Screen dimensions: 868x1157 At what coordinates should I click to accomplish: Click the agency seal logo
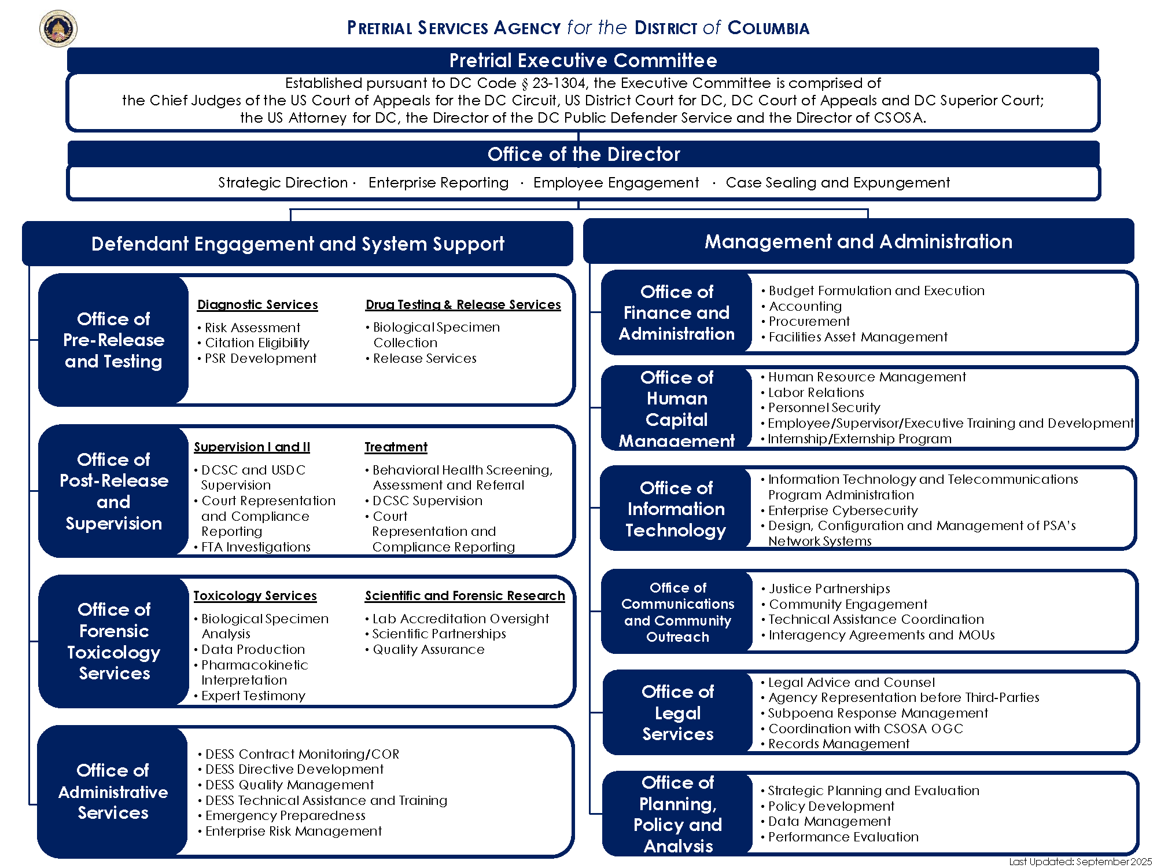(x=58, y=28)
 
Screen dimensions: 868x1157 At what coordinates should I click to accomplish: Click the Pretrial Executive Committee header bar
(x=583, y=60)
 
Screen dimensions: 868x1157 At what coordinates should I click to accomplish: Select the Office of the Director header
(x=583, y=154)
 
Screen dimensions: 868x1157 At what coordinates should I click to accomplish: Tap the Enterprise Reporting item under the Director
(x=439, y=183)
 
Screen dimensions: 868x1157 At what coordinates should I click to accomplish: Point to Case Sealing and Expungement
(x=838, y=183)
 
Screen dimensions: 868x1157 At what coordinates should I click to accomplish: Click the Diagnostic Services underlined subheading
(x=257, y=304)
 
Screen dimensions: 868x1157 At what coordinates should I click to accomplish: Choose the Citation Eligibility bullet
(x=257, y=343)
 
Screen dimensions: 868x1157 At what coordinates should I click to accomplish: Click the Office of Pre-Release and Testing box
(x=113, y=340)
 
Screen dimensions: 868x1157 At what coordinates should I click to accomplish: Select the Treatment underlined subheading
(x=396, y=447)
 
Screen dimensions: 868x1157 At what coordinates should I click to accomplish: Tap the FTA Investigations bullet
(x=256, y=547)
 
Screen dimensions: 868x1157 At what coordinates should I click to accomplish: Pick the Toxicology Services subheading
(x=255, y=595)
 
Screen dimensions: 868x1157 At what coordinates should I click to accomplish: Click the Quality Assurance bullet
(x=428, y=649)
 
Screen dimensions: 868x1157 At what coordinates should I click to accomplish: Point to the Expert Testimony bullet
(x=253, y=696)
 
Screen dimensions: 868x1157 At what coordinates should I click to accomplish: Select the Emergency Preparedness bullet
(x=285, y=815)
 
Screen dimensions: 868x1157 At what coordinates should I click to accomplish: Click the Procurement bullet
(x=809, y=321)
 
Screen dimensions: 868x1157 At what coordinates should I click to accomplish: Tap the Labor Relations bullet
(x=816, y=392)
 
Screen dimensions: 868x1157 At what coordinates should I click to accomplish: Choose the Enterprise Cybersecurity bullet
(x=843, y=510)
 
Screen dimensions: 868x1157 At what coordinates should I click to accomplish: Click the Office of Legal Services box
(x=677, y=712)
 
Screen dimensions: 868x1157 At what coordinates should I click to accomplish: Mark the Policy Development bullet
(x=831, y=806)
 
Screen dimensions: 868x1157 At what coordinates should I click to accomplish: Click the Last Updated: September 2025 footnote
(x=1080, y=862)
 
